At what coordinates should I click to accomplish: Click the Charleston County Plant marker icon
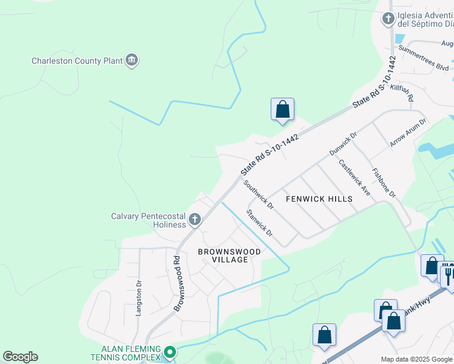[x=132, y=60]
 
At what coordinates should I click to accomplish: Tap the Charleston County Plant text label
[x=76, y=61]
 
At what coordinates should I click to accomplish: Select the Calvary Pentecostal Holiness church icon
[x=194, y=220]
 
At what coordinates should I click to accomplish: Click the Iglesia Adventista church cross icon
[x=388, y=19]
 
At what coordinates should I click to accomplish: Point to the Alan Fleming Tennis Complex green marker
[x=171, y=352]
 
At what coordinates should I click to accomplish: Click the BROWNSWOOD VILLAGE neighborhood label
[x=229, y=255]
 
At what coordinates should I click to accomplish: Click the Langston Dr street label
[x=139, y=296]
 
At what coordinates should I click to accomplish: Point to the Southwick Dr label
[x=259, y=195]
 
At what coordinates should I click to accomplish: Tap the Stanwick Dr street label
[x=260, y=223]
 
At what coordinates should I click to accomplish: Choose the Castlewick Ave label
[x=355, y=177]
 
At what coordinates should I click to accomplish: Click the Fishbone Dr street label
[x=384, y=183]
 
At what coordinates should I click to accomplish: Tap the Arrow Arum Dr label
[x=408, y=132]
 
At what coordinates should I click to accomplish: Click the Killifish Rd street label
[x=402, y=93]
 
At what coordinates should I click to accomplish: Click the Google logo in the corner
[x=20, y=357]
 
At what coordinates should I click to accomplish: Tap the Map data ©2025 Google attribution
[x=416, y=359]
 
